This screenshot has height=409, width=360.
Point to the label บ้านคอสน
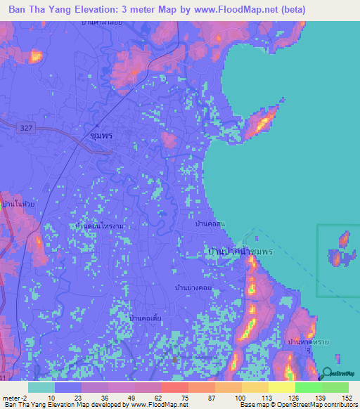point(210,224)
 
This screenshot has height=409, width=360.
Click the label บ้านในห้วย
point(18,204)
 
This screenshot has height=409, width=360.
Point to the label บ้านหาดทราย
point(309,342)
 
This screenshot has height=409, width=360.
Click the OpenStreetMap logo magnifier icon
point(325,375)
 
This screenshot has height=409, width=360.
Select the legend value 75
point(174,398)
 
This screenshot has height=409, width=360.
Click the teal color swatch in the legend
point(41,387)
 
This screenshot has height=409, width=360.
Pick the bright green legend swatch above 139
point(308,387)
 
